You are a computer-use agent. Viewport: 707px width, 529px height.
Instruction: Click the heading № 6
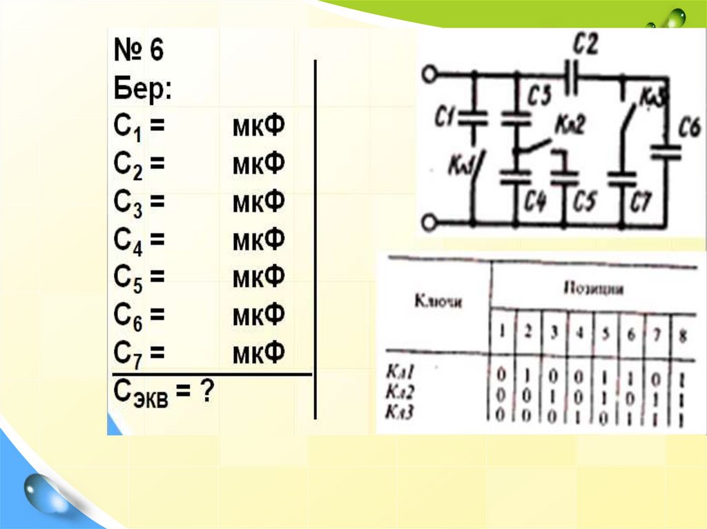pyautogui.click(x=138, y=50)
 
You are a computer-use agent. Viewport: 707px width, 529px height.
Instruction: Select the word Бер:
pyautogui.click(x=142, y=88)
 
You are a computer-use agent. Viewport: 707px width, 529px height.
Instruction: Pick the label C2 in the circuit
pyautogui.click(x=585, y=46)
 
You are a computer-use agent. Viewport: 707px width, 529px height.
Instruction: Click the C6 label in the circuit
pyautogui.click(x=690, y=128)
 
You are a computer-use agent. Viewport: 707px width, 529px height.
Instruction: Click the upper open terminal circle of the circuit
pyautogui.click(x=431, y=73)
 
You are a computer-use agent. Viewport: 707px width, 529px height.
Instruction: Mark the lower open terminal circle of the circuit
pyautogui.click(x=431, y=222)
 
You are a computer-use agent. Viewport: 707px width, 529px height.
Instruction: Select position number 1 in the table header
pyautogui.click(x=502, y=332)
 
